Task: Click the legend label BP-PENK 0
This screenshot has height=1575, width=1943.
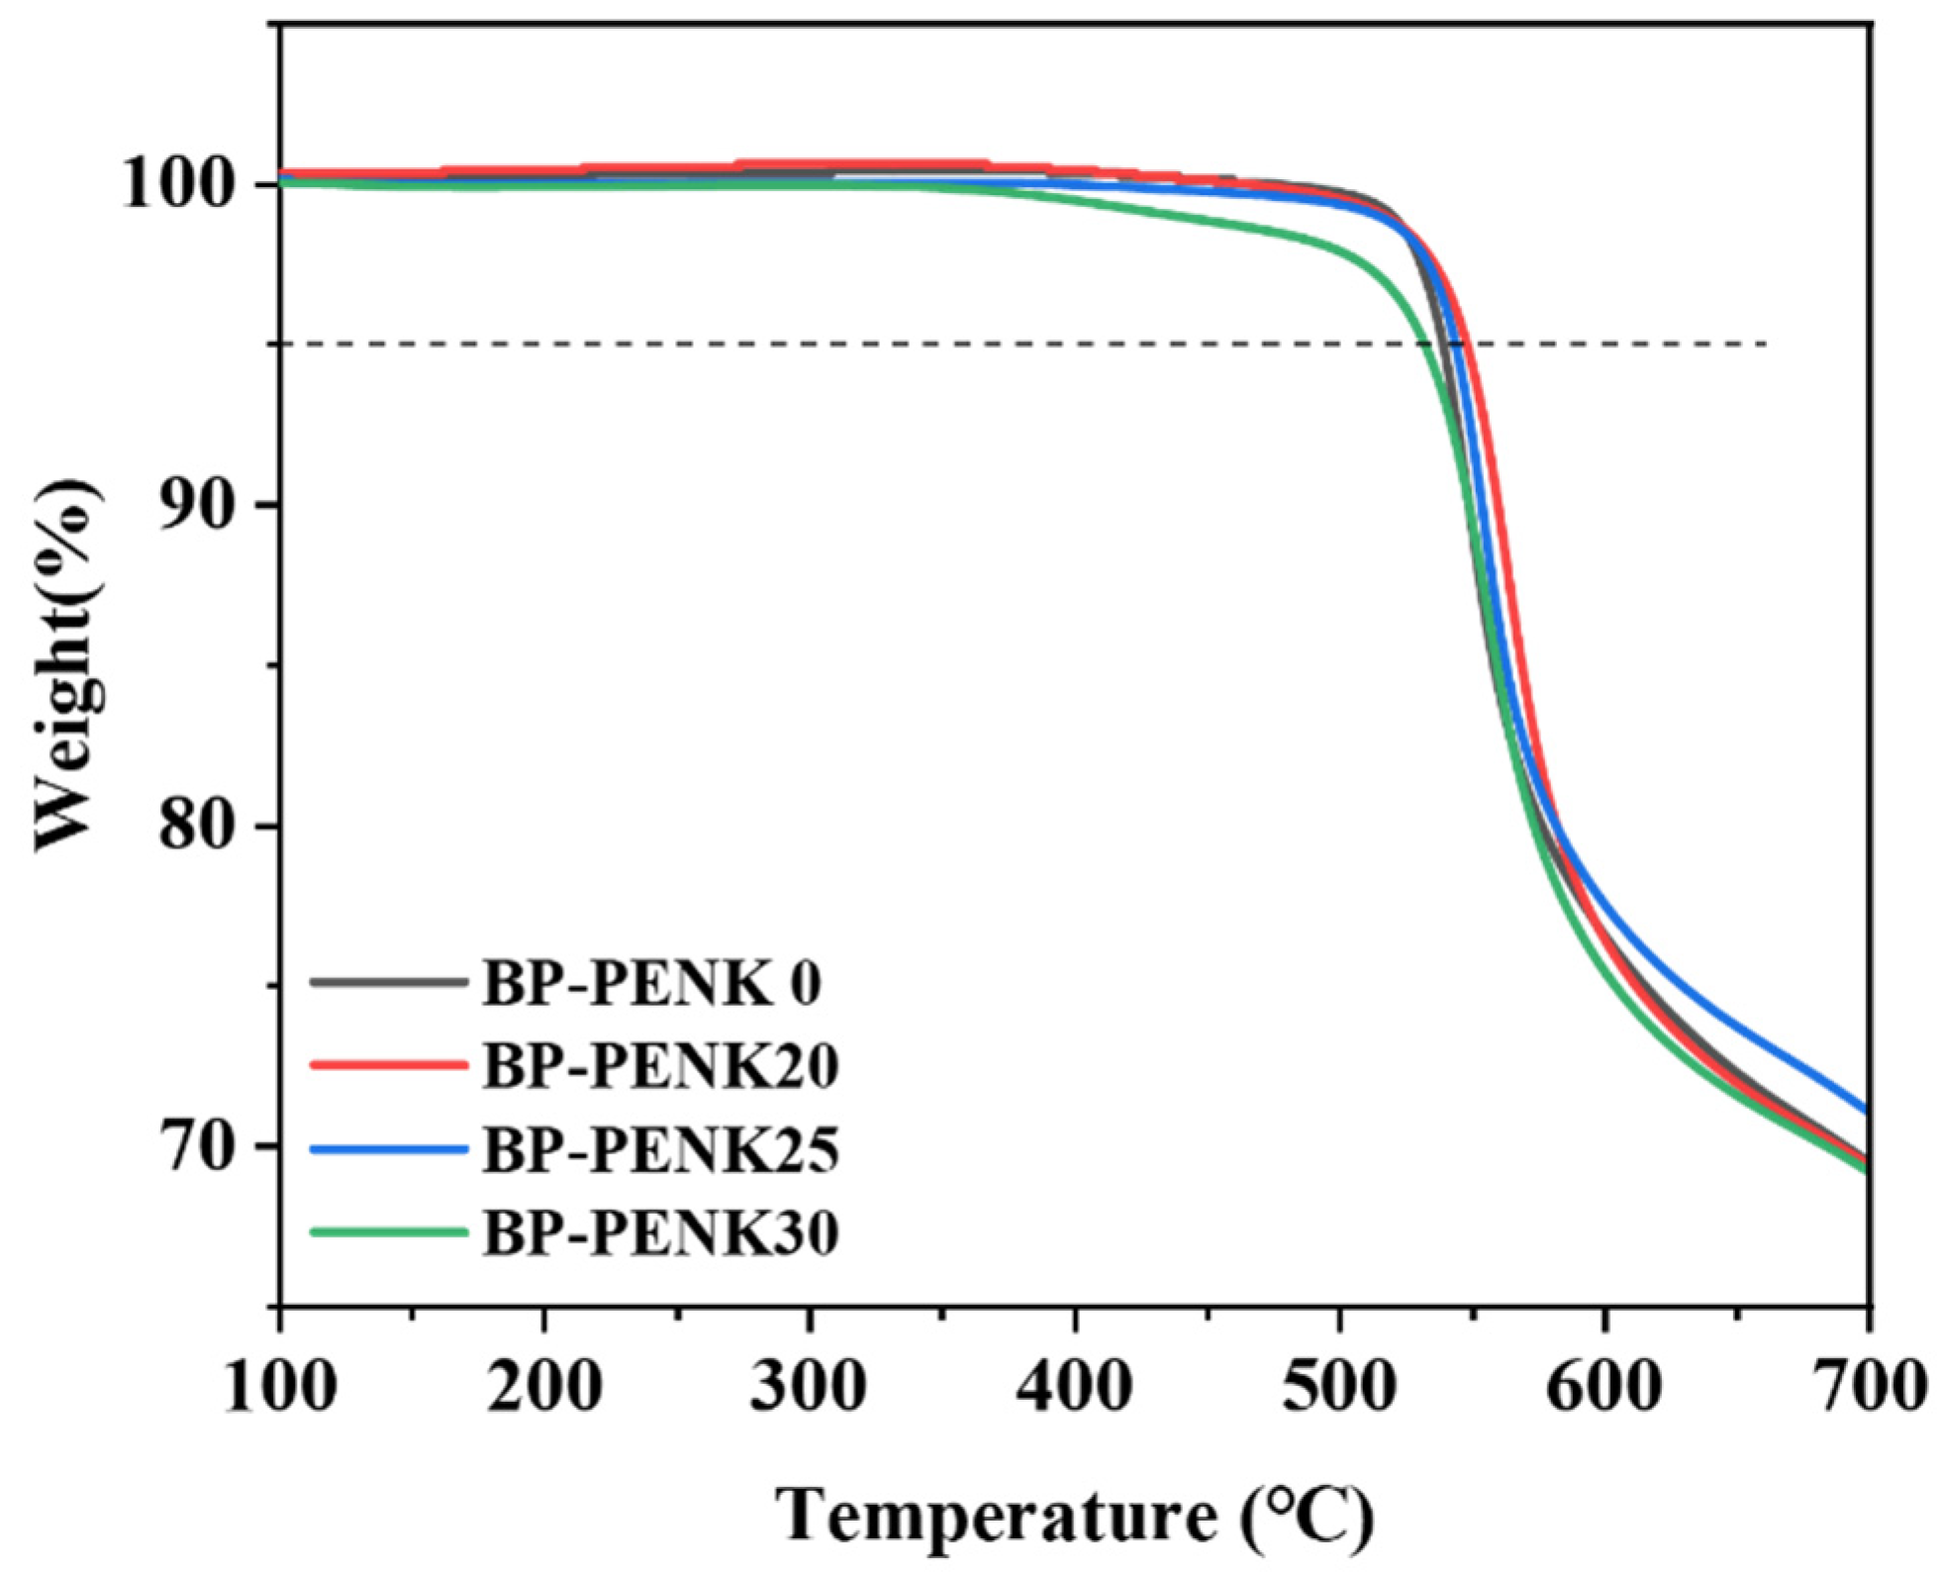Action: point(651,984)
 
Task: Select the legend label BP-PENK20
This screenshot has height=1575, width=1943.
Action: point(660,1067)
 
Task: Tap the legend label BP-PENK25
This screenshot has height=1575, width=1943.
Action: point(660,1150)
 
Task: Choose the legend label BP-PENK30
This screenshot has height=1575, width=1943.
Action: point(660,1233)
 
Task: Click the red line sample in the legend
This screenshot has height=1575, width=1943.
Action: point(388,1065)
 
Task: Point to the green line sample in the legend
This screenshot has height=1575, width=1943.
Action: point(388,1232)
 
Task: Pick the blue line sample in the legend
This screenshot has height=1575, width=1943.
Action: point(388,1149)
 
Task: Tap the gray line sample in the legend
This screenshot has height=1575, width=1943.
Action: point(388,982)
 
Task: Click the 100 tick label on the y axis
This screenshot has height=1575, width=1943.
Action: point(182,184)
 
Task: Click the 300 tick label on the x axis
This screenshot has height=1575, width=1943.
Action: point(809,1386)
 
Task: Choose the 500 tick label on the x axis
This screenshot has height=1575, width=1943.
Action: point(1339,1386)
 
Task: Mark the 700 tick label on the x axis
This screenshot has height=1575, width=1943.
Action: point(1869,1386)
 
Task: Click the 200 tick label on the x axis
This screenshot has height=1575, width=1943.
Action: point(544,1386)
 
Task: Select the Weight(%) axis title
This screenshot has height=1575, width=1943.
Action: point(67,665)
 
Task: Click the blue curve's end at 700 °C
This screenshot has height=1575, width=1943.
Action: point(1866,1110)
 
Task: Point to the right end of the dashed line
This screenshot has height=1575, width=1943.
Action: point(1765,345)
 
